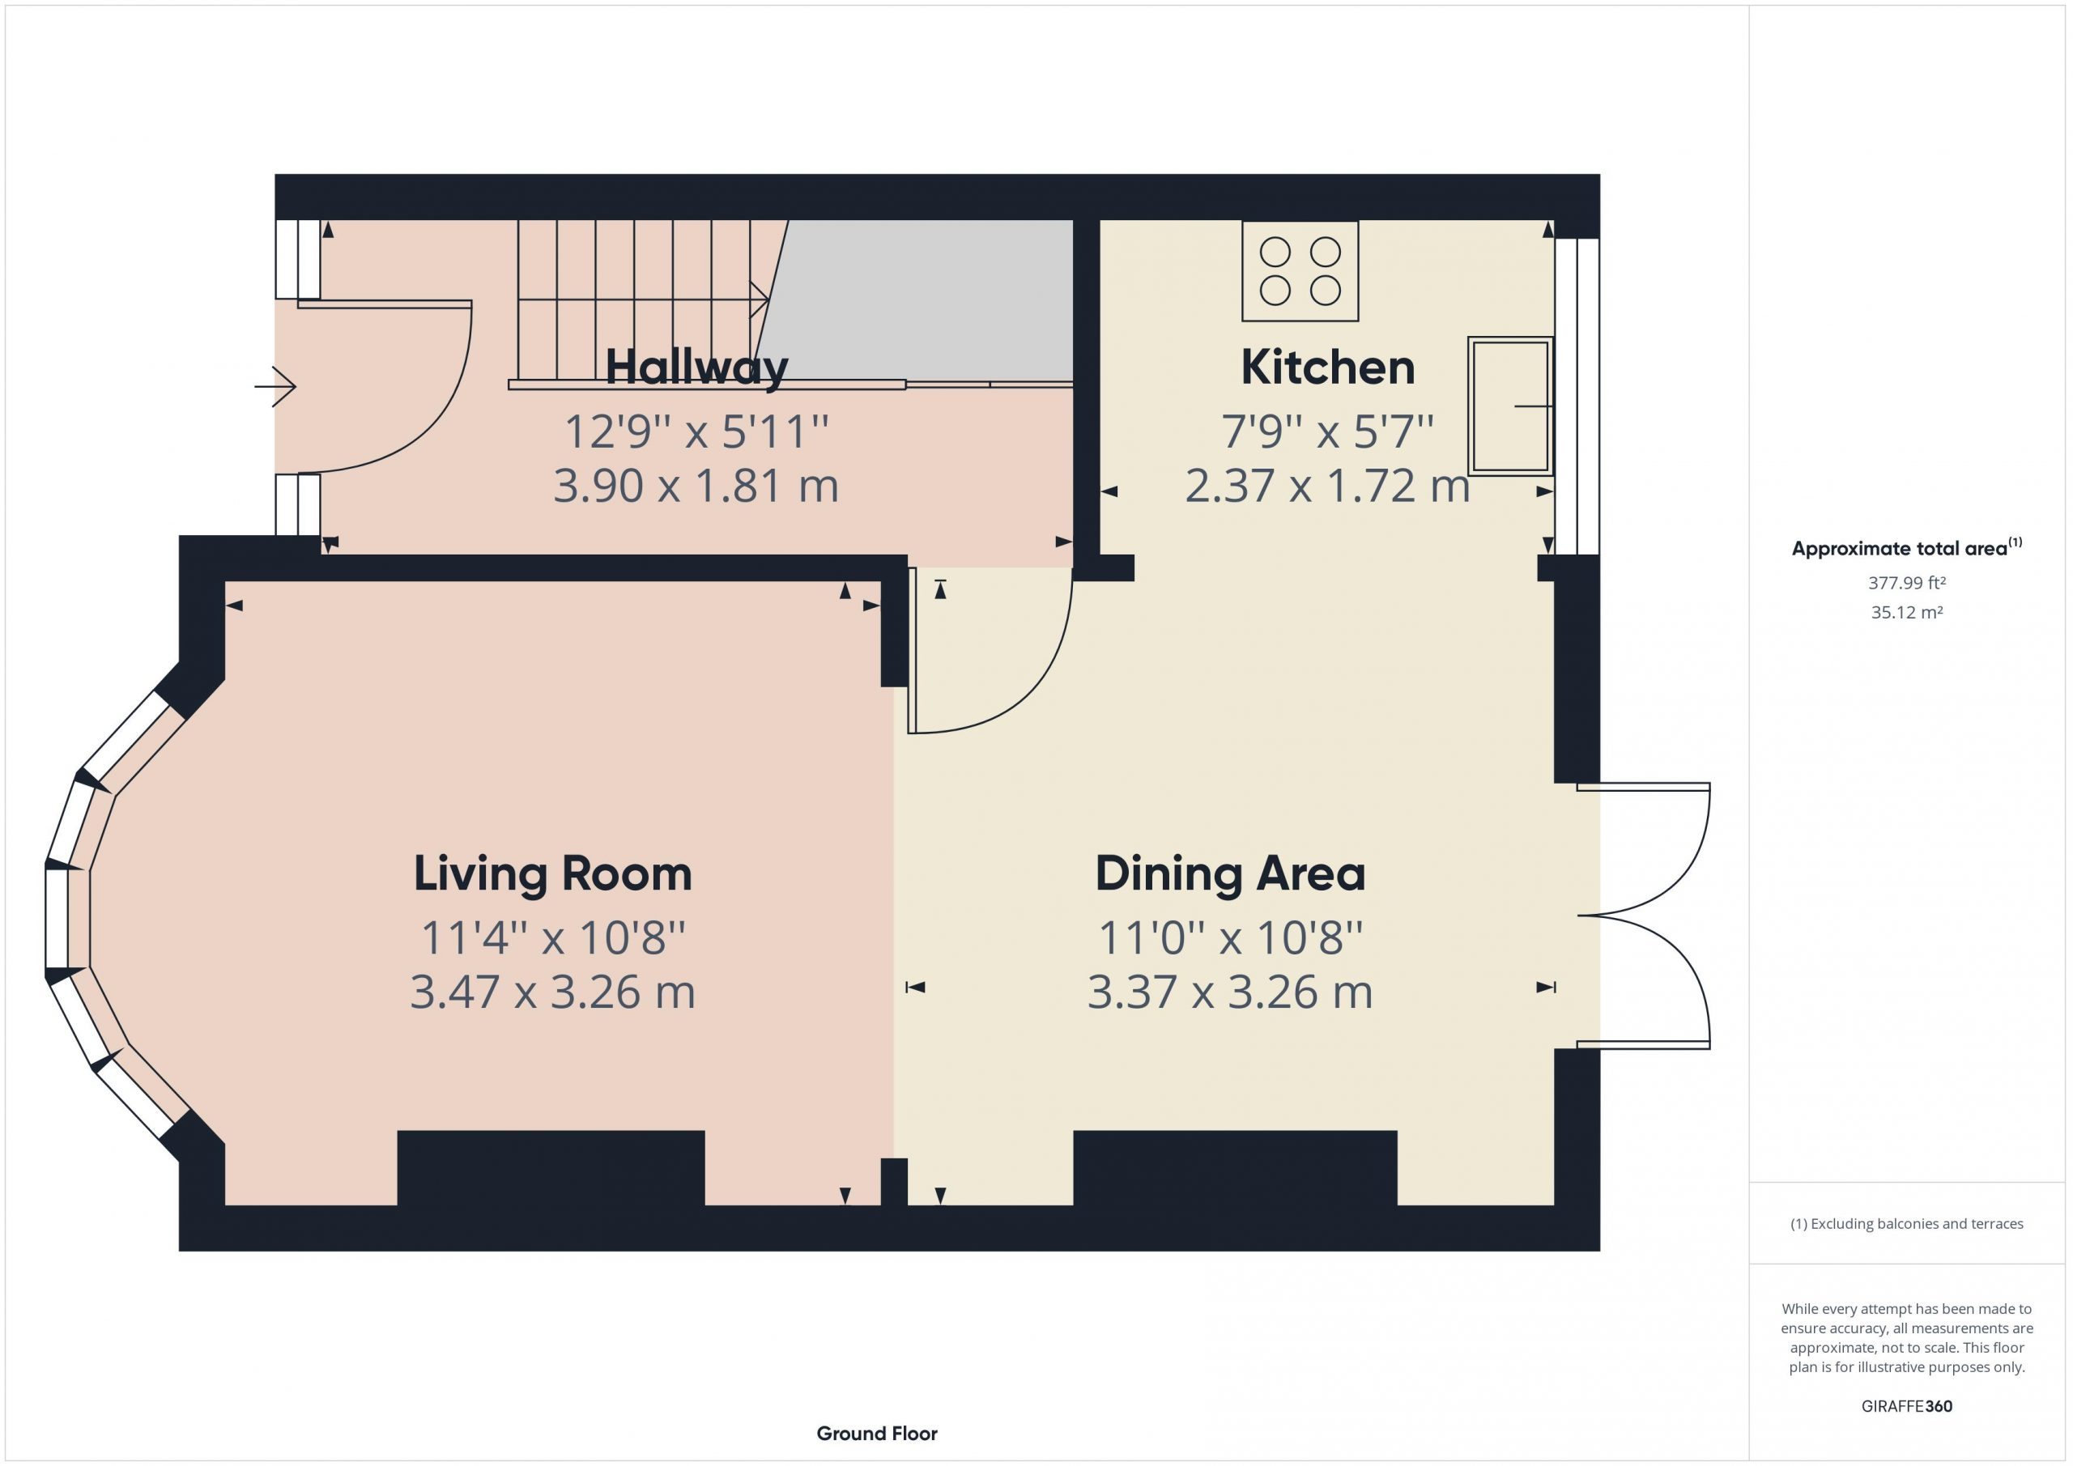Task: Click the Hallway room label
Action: (x=696, y=368)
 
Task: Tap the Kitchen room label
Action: (x=1327, y=368)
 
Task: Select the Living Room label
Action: (x=552, y=873)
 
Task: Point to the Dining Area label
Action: (x=1230, y=873)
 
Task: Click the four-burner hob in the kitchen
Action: (x=1300, y=271)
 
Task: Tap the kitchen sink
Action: (x=1510, y=406)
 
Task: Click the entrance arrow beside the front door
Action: (x=275, y=387)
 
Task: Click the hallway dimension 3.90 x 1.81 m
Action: (x=696, y=486)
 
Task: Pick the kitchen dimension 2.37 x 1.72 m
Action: (x=1327, y=486)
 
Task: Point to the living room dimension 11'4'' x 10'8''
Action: (x=553, y=937)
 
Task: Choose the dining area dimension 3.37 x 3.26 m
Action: (x=1230, y=992)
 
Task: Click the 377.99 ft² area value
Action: (x=1907, y=583)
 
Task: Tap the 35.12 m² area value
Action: (x=1907, y=612)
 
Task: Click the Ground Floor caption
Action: (x=877, y=1434)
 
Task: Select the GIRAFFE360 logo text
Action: (x=1907, y=1406)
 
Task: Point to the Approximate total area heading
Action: (x=1907, y=548)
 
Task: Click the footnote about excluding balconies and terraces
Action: (x=1907, y=1224)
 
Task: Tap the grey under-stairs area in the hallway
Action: (x=921, y=300)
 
